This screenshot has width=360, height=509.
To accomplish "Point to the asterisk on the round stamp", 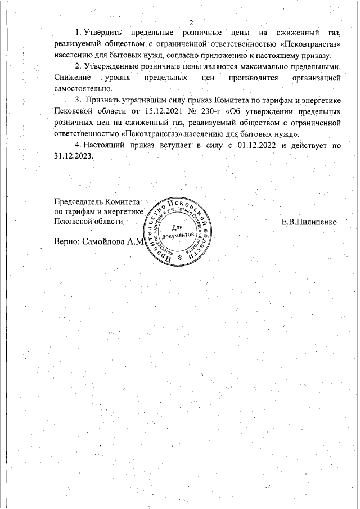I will [179, 257].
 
